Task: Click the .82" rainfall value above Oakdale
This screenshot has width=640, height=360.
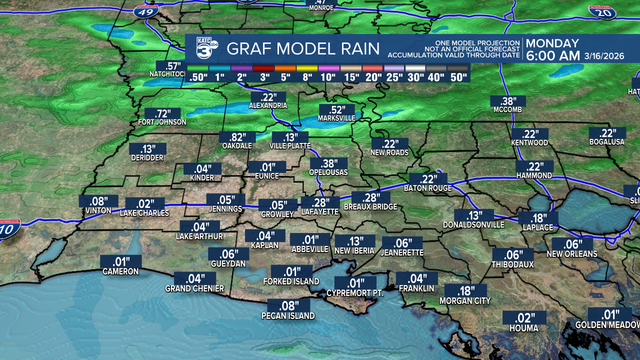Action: click(237, 137)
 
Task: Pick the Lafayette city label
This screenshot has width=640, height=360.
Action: click(320, 212)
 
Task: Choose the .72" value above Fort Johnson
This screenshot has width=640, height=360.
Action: click(162, 113)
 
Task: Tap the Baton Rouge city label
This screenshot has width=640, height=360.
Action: click(428, 188)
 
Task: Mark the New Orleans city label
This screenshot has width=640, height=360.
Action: click(572, 253)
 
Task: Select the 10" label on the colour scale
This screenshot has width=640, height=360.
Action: click(327, 77)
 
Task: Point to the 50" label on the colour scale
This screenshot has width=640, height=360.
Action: click(457, 77)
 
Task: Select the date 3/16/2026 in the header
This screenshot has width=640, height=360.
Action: click(604, 56)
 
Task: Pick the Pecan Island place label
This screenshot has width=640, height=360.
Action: click(288, 315)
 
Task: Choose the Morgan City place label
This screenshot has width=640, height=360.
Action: click(465, 300)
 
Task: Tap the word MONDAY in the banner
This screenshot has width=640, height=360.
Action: click(552, 43)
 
